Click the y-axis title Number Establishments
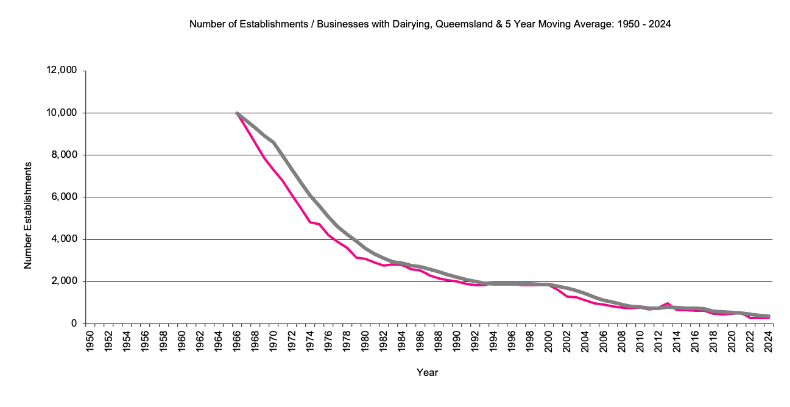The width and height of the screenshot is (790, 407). point(27,216)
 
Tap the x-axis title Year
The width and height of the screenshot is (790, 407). point(427,372)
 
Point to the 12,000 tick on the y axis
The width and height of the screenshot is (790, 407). point(61,71)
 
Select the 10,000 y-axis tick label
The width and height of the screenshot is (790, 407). point(61,113)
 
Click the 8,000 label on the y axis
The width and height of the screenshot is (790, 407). point(63,155)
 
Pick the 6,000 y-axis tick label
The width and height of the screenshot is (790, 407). point(63,197)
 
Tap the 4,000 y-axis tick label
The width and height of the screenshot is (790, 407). point(63,239)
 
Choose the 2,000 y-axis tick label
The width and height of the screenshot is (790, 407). point(63,281)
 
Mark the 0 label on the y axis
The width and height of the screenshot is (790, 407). point(73,324)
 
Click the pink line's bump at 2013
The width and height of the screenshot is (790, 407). point(668,303)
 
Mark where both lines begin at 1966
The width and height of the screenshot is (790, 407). point(237,113)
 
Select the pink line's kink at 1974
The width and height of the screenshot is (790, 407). point(311,222)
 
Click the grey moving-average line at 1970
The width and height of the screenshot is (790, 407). point(273,143)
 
